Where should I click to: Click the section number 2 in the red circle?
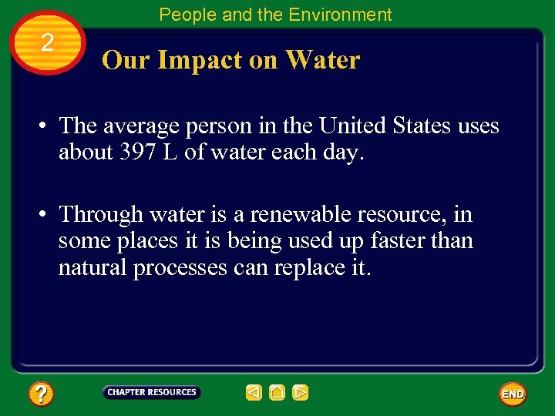47,43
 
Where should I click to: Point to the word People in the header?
183,15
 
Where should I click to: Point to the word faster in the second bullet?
402,241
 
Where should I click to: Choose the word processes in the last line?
180,268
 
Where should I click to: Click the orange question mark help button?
41,394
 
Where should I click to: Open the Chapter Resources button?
151,393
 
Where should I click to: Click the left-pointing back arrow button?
254,393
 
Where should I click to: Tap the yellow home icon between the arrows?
277,393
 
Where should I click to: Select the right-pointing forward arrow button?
301,393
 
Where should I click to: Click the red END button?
513,394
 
